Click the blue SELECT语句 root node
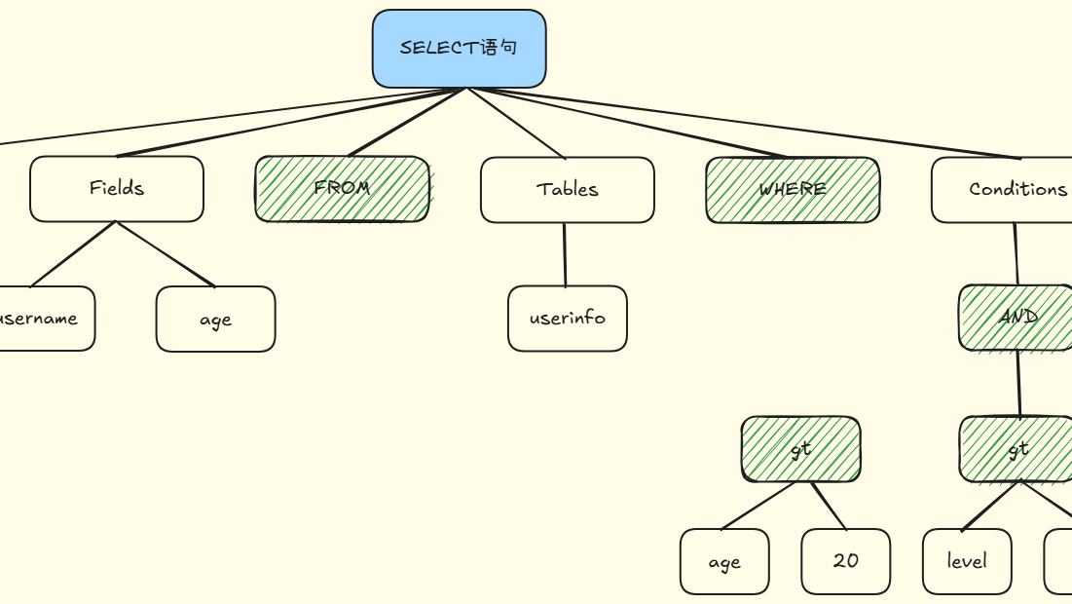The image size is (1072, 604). [x=459, y=49]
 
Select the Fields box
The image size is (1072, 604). [x=117, y=189]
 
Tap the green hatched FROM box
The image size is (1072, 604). [x=342, y=189]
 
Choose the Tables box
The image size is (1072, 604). [x=567, y=190]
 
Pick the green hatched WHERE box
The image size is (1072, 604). [x=793, y=190]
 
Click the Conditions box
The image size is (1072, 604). [x=1003, y=190]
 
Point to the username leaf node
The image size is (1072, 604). [x=44, y=319]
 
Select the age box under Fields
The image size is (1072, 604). [x=215, y=319]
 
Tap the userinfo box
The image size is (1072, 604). [x=567, y=319]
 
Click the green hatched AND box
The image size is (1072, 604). [x=1016, y=318]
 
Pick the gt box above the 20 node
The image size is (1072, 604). [x=800, y=449]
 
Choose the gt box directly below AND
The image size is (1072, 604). [x=1016, y=449]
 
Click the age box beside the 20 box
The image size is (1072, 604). [x=724, y=562]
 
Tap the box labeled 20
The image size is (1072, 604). [x=845, y=561]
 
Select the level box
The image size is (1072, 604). [x=966, y=561]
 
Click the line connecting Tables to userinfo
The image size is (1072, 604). [x=565, y=254]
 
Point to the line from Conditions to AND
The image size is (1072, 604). [x=1016, y=253]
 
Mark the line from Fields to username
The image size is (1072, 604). [x=73, y=254]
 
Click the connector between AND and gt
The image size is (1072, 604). [x=1018, y=384]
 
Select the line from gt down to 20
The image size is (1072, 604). [x=829, y=506]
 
